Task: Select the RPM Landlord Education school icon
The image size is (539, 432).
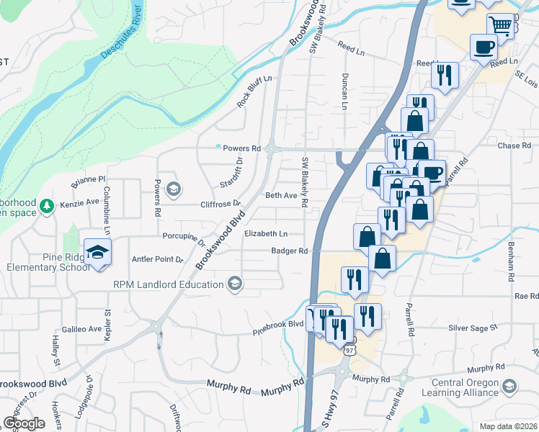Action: click(x=234, y=284)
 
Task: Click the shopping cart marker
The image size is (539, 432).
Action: click(x=500, y=26)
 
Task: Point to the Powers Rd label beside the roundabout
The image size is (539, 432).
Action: click(x=241, y=148)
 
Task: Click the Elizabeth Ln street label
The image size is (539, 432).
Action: click(x=266, y=234)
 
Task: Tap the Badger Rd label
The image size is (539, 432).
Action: click(x=290, y=251)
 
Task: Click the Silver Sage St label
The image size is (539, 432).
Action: click(x=473, y=327)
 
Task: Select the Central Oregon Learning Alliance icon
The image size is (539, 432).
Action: click(x=509, y=387)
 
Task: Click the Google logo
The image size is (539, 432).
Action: click(x=24, y=423)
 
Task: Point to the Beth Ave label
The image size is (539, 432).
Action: click(x=281, y=195)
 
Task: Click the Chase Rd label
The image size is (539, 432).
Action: click(x=514, y=145)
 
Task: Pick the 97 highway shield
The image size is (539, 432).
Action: click(x=349, y=349)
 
